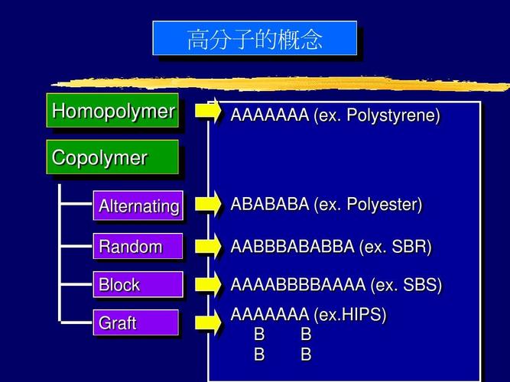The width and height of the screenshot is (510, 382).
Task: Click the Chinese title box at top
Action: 255,39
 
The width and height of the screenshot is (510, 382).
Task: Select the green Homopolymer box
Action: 112,112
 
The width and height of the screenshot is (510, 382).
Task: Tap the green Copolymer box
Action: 112,158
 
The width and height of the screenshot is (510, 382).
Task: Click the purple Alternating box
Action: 138,206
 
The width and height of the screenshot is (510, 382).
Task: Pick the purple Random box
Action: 138,247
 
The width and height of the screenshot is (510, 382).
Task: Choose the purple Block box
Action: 138,285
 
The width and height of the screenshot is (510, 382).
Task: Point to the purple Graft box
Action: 136,323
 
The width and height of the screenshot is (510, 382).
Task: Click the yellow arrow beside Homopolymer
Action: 208,111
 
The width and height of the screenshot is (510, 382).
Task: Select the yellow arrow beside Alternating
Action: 208,204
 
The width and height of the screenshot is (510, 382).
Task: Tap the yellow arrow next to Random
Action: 208,246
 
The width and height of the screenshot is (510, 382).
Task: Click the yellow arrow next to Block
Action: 208,284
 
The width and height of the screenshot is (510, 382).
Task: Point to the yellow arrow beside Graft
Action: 208,322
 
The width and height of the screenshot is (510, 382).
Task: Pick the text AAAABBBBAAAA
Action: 298,285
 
